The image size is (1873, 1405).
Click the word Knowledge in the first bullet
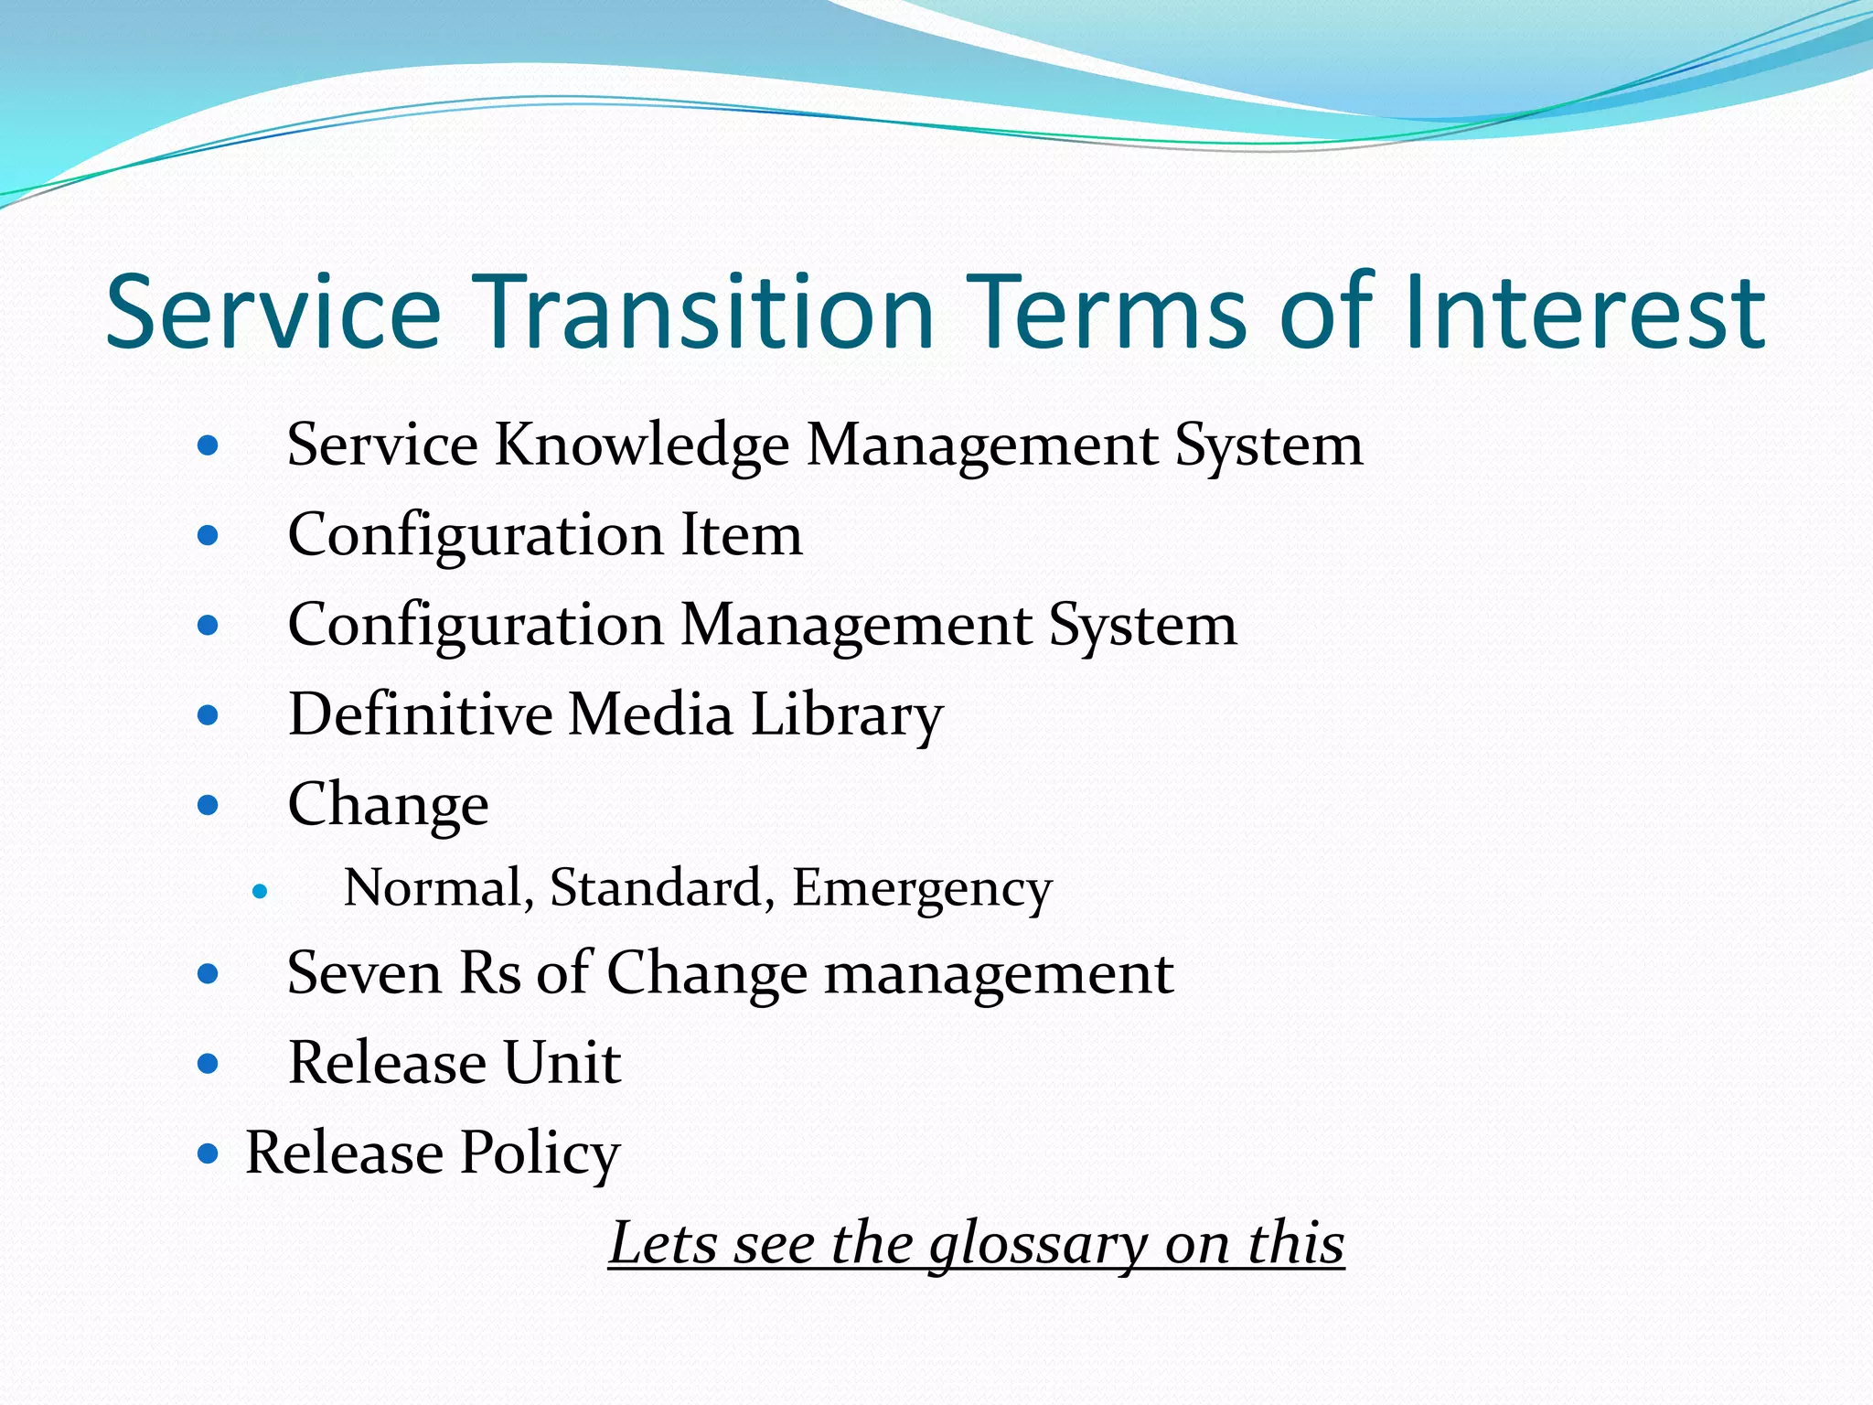[641, 445]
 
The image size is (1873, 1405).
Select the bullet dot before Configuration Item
[209, 535]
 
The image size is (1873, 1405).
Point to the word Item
[741, 535]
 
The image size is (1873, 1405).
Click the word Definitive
[420, 714]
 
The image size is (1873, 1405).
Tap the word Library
[846, 716]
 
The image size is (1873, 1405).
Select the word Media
[650, 714]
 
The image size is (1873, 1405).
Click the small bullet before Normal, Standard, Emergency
[261, 891]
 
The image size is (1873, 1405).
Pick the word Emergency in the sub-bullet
[922, 889]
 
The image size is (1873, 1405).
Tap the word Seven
[364, 973]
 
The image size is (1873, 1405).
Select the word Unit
[562, 1063]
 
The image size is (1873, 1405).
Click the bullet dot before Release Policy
[209, 1153]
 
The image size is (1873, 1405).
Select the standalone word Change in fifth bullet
[388, 806]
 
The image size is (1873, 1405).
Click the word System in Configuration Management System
[1142, 626]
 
